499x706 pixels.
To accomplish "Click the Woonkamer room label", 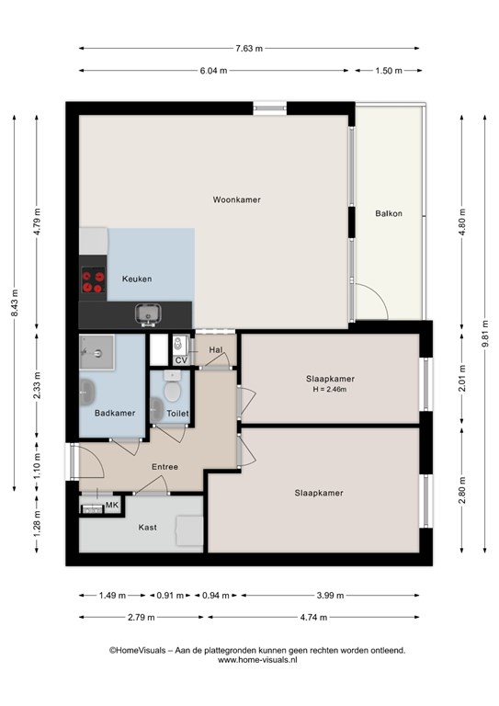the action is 237,199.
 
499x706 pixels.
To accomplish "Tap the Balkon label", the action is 389,213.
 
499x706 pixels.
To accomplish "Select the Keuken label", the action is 137,279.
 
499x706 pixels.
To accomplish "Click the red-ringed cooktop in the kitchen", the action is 93,280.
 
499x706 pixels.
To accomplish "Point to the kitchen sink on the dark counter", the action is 148,314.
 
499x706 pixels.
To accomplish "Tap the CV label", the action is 181,360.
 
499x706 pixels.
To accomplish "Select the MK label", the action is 112,506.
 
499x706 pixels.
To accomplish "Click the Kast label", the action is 148,528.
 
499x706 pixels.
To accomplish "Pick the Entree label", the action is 164,467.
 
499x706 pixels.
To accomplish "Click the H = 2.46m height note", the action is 330,390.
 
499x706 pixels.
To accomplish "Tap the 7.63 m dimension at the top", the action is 249,48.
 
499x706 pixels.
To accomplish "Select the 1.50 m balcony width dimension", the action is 389,70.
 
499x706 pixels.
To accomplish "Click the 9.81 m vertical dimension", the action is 485,334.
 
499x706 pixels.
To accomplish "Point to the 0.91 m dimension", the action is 170,596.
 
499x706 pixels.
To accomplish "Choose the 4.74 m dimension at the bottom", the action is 313,618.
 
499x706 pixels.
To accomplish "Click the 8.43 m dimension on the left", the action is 15,302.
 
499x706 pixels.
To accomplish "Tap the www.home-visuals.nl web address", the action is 257,660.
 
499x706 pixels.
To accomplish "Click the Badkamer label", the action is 115,413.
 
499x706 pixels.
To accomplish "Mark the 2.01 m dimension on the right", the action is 462,378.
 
